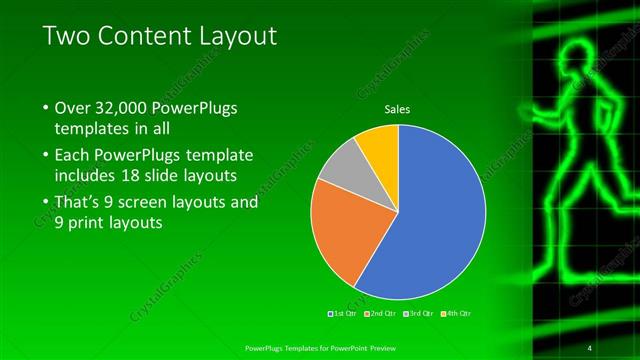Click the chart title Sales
point(398,109)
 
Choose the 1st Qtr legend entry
point(343,313)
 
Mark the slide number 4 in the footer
point(590,348)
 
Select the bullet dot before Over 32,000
point(45,108)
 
